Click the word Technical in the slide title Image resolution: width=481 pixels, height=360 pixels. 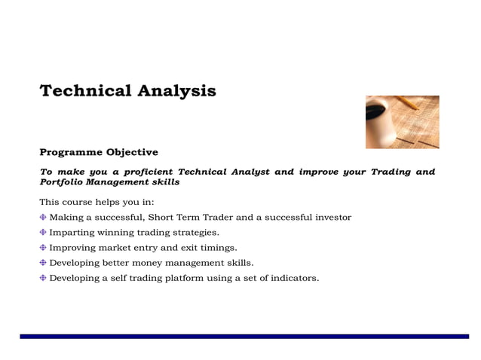84,91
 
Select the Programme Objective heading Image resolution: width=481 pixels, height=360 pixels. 99,152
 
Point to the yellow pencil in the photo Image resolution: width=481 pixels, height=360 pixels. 409,102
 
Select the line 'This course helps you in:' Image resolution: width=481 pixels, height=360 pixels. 97,202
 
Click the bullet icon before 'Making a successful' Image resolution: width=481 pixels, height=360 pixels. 43,218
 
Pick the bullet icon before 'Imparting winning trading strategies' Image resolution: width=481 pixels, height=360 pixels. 43,233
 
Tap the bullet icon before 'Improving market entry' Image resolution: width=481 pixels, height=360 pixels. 43,248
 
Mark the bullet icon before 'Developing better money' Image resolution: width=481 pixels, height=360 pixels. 43,263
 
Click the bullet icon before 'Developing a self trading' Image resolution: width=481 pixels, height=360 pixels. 43,278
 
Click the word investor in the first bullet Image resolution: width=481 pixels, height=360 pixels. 332,218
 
